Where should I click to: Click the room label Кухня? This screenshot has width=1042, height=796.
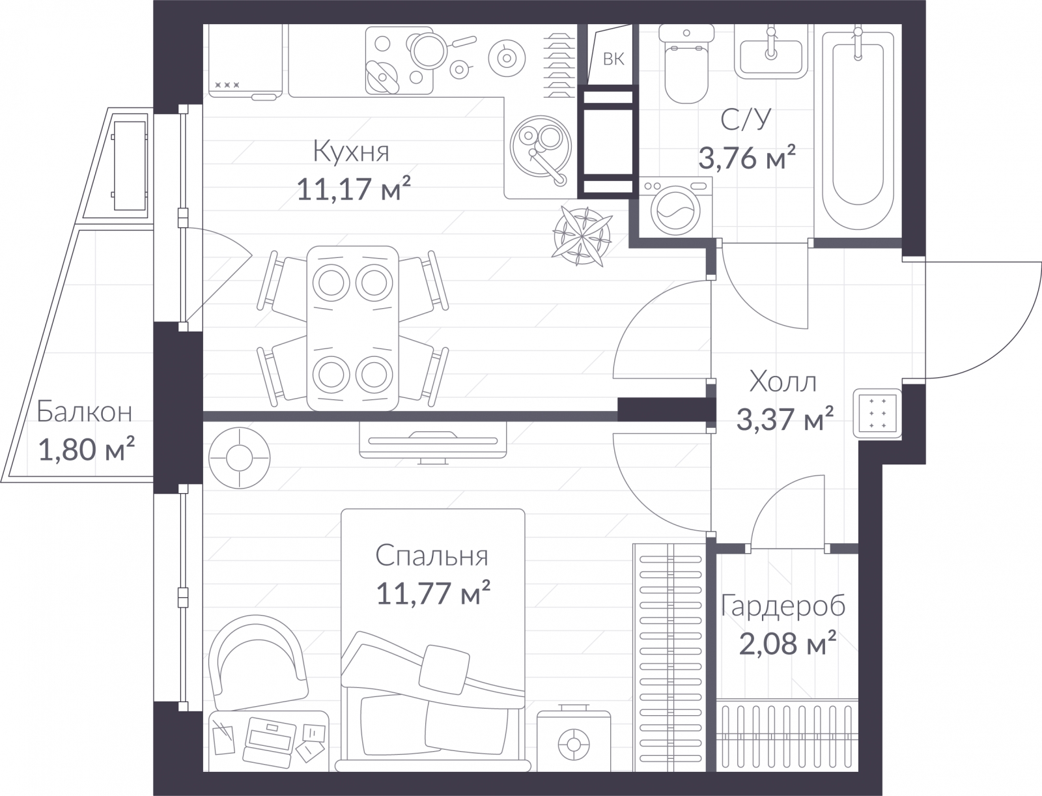click(x=351, y=152)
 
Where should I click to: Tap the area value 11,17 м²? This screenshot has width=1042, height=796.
click(x=354, y=188)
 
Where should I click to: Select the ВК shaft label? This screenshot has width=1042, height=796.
click(x=613, y=59)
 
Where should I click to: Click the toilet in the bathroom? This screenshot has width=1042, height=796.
click(x=686, y=63)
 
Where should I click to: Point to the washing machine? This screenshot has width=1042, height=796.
click(x=675, y=207)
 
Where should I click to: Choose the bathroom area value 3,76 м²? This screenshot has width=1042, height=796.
click(x=747, y=158)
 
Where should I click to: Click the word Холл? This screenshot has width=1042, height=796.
click(x=783, y=382)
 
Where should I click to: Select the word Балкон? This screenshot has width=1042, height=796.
click(x=85, y=412)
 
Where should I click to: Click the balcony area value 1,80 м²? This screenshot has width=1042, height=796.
click(x=87, y=449)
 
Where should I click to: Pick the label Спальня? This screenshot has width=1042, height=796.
click(x=432, y=556)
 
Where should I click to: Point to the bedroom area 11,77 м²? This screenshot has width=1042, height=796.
click(x=433, y=593)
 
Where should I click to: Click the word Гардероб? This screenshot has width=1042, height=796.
click(x=783, y=606)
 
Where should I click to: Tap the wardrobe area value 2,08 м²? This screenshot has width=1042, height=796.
click(x=787, y=643)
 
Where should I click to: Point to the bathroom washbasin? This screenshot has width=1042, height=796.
click(x=771, y=52)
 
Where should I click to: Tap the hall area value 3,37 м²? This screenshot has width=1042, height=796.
click(x=785, y=419)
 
